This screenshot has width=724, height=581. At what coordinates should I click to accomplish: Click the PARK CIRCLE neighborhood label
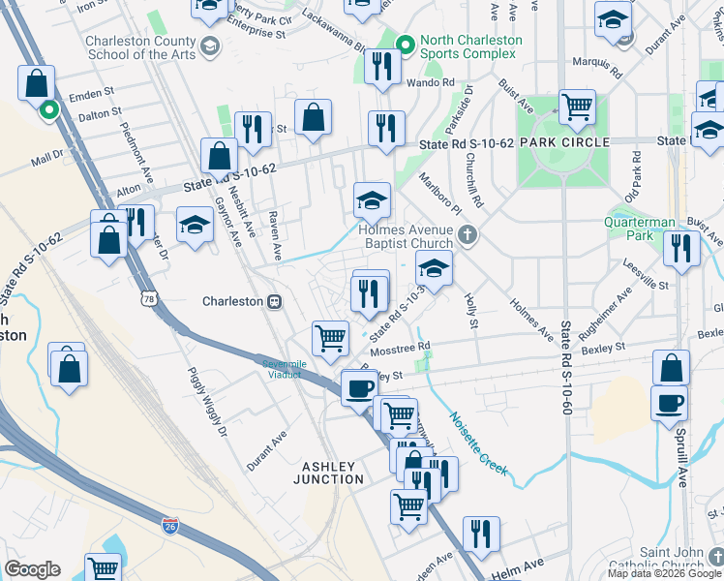click(x=564, y=142)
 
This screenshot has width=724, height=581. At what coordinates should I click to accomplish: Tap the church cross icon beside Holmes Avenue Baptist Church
click(x=468, y=233)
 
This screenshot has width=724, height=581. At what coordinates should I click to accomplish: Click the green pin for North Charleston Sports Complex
click(x=406, y=43)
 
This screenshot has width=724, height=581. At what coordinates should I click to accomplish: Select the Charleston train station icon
click(x=274, y=301)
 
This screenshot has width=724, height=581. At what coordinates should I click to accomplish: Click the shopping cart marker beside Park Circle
click(x=577, y=107)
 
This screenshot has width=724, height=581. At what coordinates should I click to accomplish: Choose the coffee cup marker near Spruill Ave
click(x=671, y=403)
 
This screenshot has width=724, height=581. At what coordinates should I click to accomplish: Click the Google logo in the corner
click(x=32, y=569)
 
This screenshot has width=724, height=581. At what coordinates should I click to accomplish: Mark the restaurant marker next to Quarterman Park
click(x=682, y=249)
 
